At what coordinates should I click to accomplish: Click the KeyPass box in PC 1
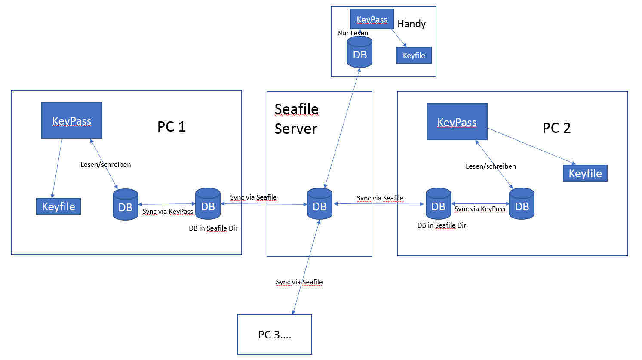tap(72, 120)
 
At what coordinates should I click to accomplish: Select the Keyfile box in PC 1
tap(58, 206)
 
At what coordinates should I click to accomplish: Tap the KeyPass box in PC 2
tap(457, 122)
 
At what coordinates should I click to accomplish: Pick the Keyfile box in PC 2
tap(585, 173)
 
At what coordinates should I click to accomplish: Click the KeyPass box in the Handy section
tap(372, 19)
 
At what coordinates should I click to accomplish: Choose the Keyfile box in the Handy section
tap(414, 55)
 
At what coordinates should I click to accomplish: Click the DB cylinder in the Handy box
tap(359, 52)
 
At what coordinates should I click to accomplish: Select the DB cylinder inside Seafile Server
tap(319, 204)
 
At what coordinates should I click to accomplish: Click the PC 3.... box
tap(274, 335)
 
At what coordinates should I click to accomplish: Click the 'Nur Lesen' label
tap(353, 33)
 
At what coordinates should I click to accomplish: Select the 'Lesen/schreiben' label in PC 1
tap(105, 165)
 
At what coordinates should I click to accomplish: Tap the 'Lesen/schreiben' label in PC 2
tap(491, 166)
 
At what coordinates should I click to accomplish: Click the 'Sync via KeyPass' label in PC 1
tap(168, 212)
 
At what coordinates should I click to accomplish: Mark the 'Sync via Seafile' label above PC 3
tap(299, 282)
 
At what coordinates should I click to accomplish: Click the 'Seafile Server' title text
tap(296, 119)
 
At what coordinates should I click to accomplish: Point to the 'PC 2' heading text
tap(556, 128)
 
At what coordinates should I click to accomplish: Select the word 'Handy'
tap(412, 24)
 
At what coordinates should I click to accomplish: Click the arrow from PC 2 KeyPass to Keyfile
tap(531, 146)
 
